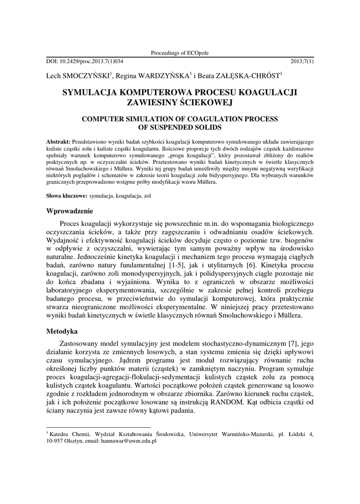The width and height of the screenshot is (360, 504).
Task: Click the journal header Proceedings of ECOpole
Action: tap(180, 53)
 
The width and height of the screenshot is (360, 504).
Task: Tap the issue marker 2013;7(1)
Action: tap(302, 62)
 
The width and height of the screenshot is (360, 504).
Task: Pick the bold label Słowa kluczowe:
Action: tap(66, 196)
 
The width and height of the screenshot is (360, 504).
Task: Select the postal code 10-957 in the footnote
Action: tap(56, 441)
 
